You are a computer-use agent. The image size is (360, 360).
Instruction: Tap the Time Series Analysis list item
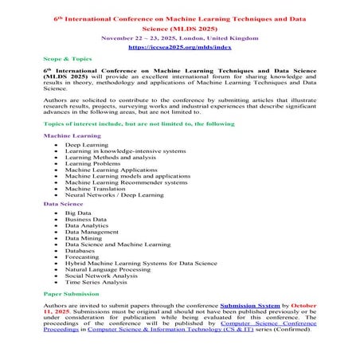[96, 281]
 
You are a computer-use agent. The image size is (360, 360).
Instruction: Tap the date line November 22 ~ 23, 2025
[179, 37]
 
